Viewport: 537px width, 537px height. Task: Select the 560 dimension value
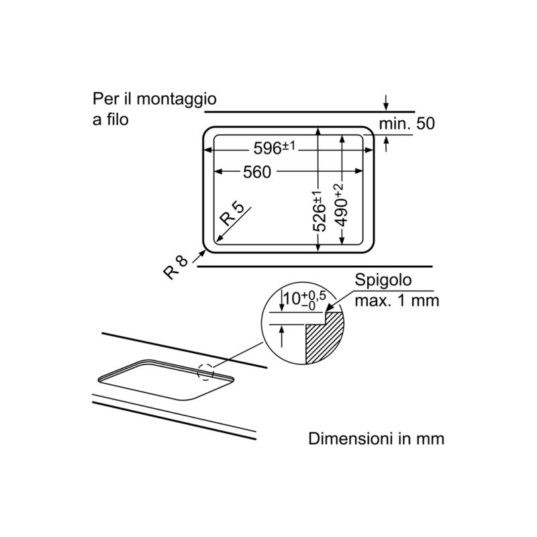257,173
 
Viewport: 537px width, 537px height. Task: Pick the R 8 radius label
175,266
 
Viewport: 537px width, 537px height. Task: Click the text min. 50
407,124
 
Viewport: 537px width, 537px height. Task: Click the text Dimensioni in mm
377,440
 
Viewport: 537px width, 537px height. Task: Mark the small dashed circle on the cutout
205,370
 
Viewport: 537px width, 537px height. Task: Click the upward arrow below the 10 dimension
281,332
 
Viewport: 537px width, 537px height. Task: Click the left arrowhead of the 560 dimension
217,173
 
